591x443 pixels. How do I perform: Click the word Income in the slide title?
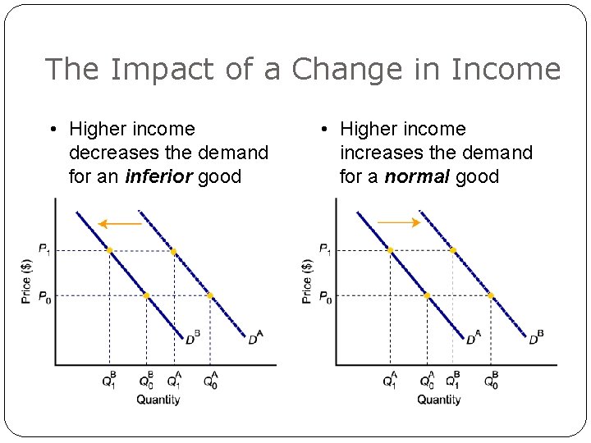click(x=506, y=70)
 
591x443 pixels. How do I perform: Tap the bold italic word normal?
click(x=416, y=176)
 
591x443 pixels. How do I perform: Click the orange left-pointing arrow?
click(x=119, y=223)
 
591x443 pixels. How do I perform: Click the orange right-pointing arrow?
click(x=399, y=222)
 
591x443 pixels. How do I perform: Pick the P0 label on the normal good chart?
click(x=324, y=296)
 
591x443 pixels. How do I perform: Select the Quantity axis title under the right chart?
click(x=439, y=400)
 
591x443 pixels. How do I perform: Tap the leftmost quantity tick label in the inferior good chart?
click(x=110, y=381)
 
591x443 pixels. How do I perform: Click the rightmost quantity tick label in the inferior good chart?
click(x=211, y=381)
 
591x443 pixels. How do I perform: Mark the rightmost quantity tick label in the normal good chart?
click(x=492, y=381)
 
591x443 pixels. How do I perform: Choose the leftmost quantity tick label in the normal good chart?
click(x=390, y=381)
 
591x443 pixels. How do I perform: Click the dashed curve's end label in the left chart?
click(x=256, y=338)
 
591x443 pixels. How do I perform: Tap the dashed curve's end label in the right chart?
click(x=537, y=338)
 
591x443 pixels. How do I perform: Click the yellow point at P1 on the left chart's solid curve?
click(x=109, y=250)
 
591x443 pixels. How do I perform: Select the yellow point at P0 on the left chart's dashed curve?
click(x=210, y=295)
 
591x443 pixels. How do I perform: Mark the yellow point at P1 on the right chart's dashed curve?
click(x=453, y=250)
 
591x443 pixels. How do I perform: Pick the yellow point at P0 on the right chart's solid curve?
click(x=427, y=295)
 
